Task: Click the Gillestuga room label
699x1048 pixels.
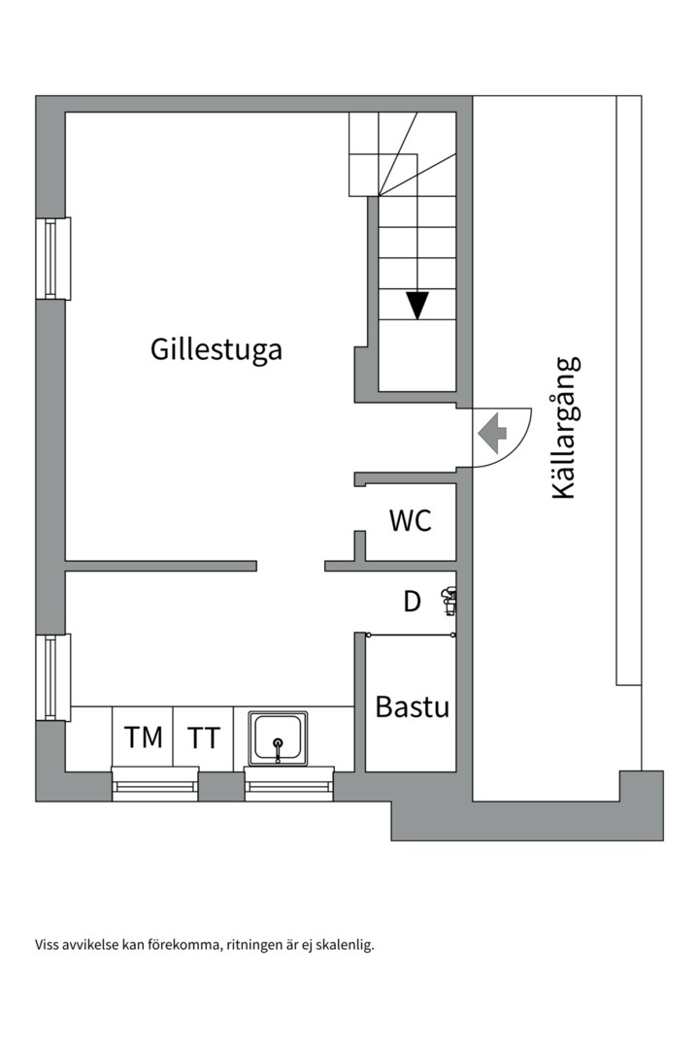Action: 216,349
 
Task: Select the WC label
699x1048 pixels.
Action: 410,521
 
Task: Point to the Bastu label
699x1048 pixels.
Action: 412,707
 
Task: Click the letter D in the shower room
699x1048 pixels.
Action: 413,602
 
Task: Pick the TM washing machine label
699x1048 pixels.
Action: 144,737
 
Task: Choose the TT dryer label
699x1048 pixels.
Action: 204,737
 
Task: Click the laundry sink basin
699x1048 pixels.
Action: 278,737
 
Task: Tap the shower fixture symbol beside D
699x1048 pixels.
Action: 448,602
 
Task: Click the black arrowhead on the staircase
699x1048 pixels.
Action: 417,306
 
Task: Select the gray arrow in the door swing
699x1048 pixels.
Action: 494,433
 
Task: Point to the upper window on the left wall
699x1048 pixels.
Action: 53,258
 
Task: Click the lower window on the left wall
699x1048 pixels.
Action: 53,677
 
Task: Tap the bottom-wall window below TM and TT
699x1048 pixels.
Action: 155,783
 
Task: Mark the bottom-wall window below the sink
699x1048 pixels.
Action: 289,783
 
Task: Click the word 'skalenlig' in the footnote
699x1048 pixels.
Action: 345,944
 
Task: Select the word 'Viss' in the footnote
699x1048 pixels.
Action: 48,944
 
